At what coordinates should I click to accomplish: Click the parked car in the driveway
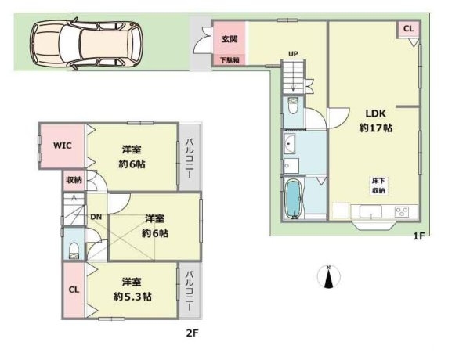(x=86, y=44)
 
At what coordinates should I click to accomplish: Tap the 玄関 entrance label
(x=230, y=39)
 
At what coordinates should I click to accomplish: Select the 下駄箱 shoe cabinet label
(x=230, y=60)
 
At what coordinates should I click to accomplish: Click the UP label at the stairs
(x=293, y=54)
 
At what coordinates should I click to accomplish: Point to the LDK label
(x=375, y=113)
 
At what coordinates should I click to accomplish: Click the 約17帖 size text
(x=375, y=128)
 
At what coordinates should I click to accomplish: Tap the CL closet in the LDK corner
(x=408, y=29)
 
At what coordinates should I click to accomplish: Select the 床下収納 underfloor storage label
(x=378, y=185)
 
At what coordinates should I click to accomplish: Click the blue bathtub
(x=294, y=199)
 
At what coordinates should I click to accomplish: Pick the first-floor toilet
(x=292, y=106)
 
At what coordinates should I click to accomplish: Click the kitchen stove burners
(x=402, y=212)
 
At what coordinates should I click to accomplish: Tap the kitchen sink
(x=371, y=212)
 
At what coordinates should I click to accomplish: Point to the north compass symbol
(x=329, y=276)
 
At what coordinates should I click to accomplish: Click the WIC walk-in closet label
(x=63, y=146)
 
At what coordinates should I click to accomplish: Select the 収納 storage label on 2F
(x=74, y=180)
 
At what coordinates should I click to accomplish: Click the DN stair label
(x=96, y=217)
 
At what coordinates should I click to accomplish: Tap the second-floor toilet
(x=74, y=250)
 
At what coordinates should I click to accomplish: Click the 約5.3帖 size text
(x=132, y=297)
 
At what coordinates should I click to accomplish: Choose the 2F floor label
(x=193, y=333)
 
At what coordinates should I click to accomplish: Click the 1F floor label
(x=419, y=236)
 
